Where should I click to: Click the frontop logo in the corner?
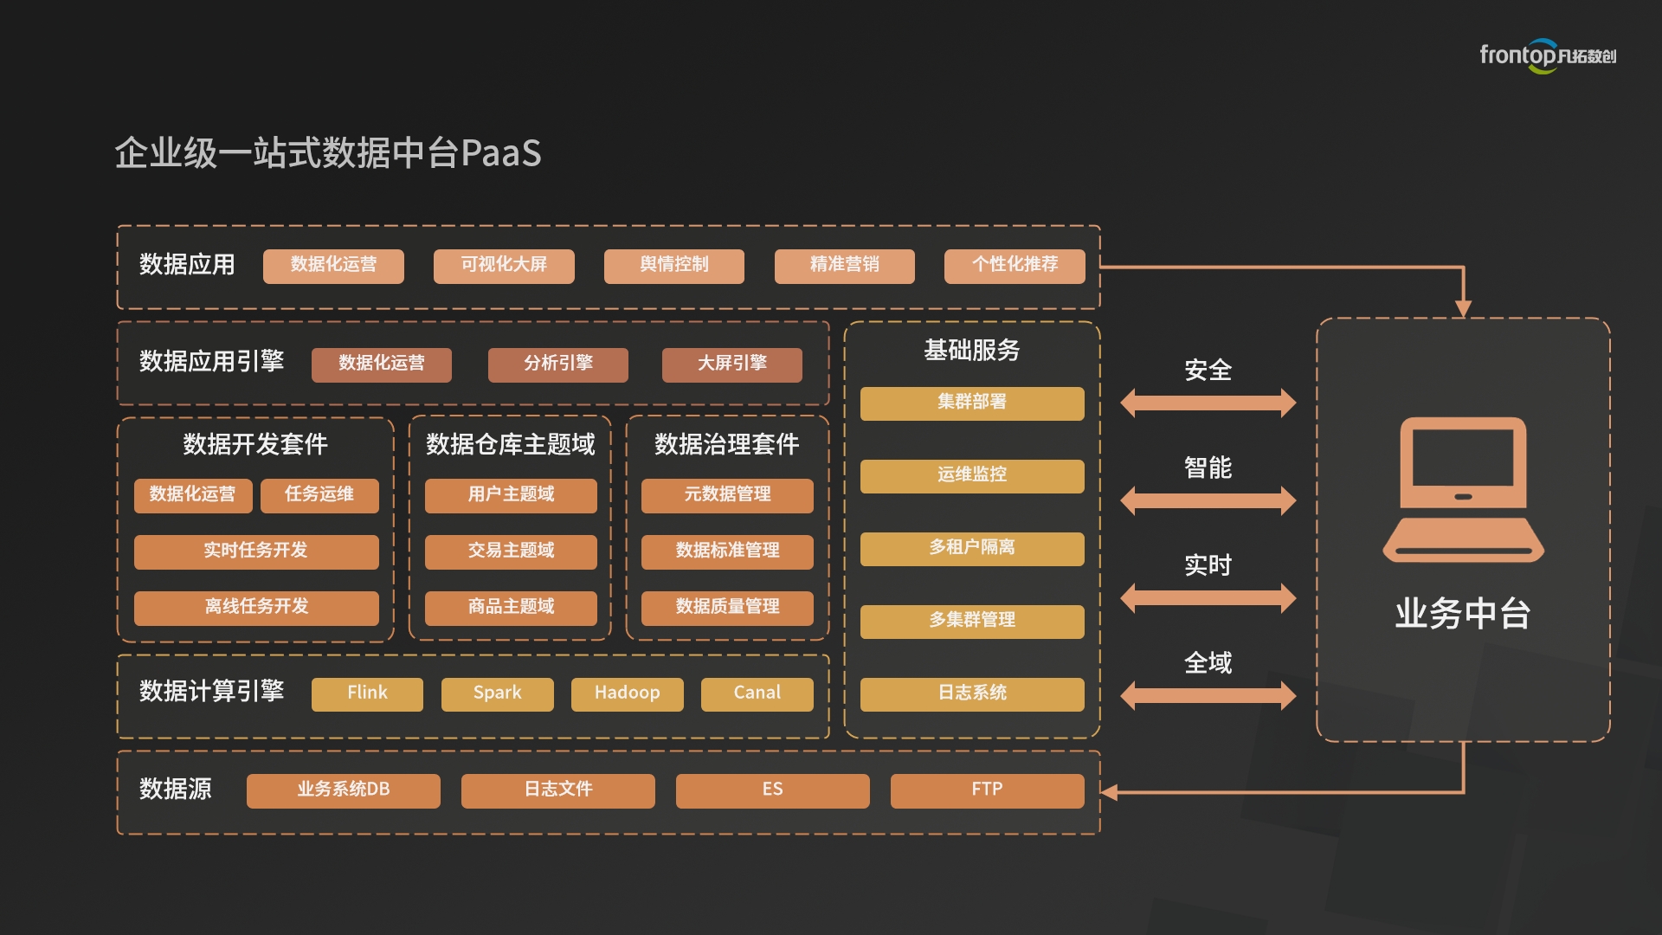[x=1547, y=55]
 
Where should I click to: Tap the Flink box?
[x=367, y=693]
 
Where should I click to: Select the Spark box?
[x=497, y=693]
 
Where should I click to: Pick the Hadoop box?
[x=627, y=693]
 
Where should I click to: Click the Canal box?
[x=757, y=693]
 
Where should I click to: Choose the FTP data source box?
[x=987, y=790]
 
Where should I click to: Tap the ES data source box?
[x=772, y=790]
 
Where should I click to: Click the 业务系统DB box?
[x=343, y=790]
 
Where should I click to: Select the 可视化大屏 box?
[x=504, y=266]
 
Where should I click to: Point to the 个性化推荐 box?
[x=1015, y=266]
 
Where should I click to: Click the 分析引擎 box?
[x=557, y=364]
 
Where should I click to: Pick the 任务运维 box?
[x=319, y=495]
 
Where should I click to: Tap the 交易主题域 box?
[x=511, y=551]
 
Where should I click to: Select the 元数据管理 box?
[x=727, y=495]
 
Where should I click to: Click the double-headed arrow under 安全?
[x=1208, y=403]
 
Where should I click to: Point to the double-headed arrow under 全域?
[x=1208, y=695]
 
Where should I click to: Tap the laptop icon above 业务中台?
[x=1463, y=490]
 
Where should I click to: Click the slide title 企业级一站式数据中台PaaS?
[x=328, y=153]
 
